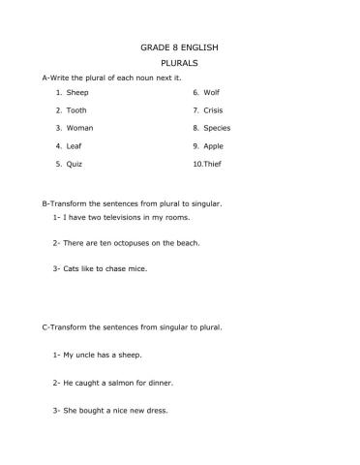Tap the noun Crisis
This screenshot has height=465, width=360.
point(215,110)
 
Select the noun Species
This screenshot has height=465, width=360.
point(217,128)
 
